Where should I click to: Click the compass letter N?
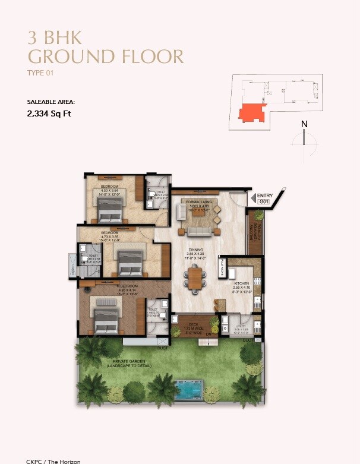pyautogui.click(x=304, y=124)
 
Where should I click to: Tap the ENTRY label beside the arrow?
pyautogui.click(x=264, y=195)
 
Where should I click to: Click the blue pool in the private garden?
pyautogui.click(x=189, y=390)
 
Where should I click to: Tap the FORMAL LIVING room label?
pyautogui.click(x=197, y=202)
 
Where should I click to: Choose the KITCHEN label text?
pyautogui.click(x=241, y=284)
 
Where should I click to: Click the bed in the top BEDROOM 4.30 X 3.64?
pyautogui.click(x=110, y=208)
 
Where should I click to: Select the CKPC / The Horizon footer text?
pyautogui.click(x=53, y=461)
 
